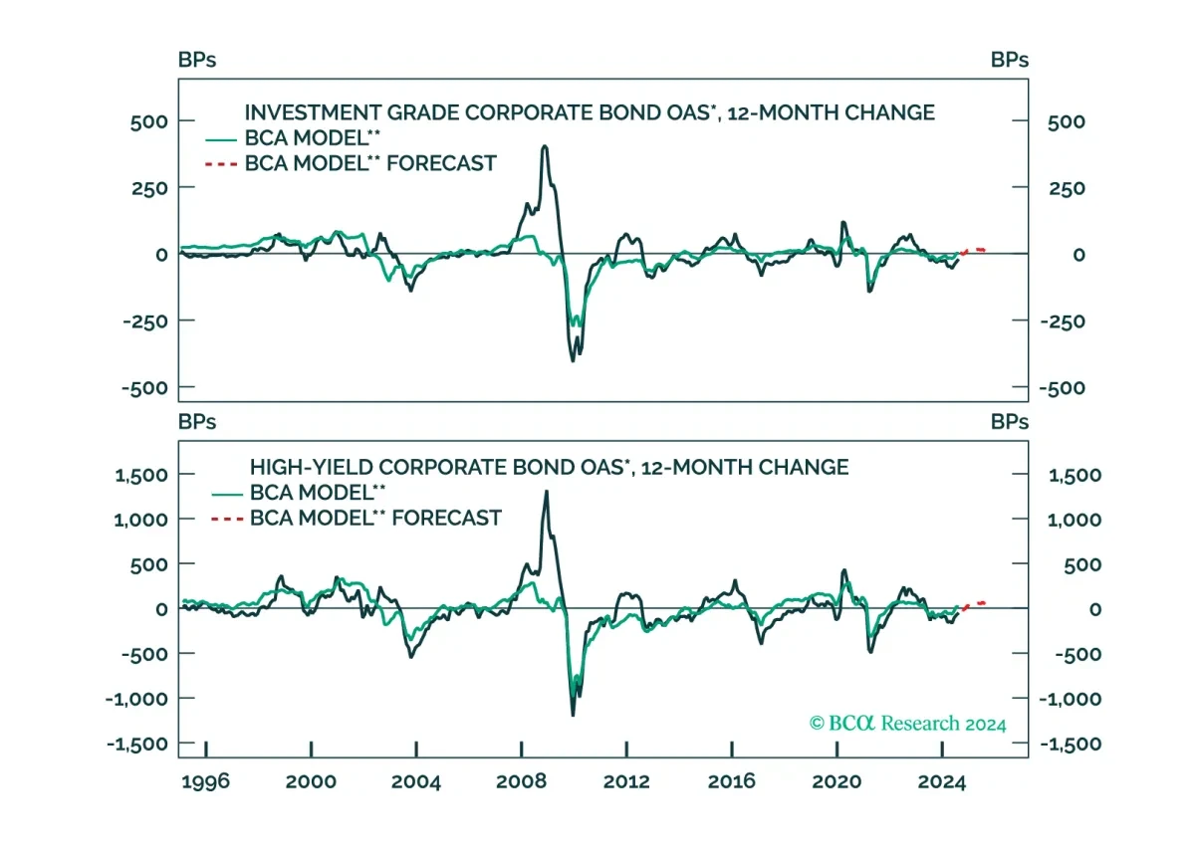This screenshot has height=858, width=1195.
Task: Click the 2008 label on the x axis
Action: pos(521,781)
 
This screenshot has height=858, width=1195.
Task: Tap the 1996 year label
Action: pos(205,781)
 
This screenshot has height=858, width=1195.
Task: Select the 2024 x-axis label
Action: pos(942,781)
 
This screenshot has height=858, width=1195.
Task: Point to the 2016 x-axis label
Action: pos(731,781)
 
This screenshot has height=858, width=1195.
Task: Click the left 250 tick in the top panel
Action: pos(149,188)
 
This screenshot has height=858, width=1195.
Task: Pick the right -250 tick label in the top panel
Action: pos(1063,322)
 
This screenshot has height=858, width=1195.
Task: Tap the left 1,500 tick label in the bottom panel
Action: pos(141,475)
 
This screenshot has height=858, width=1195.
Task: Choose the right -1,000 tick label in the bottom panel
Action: pos(1071,699)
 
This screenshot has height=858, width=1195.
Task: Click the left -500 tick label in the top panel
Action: pos(144,388)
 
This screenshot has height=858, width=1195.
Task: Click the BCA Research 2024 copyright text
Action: pos(907,724)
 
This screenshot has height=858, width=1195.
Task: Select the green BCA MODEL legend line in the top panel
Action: pos(221,139)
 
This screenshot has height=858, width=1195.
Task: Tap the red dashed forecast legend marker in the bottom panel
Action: pos(227,519)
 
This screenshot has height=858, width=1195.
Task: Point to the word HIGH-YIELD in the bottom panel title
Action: pos(311,467)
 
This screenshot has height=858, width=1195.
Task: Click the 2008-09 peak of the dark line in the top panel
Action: pos(544,146)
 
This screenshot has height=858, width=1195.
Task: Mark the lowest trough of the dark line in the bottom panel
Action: pos(573,715)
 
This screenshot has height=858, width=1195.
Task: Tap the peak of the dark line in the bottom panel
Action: pos(547,492)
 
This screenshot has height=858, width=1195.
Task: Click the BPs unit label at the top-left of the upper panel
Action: pos(197,60)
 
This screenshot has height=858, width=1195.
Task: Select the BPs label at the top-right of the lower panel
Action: pos(1010,422)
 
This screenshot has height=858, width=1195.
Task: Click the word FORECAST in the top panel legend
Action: pos(442,163)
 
